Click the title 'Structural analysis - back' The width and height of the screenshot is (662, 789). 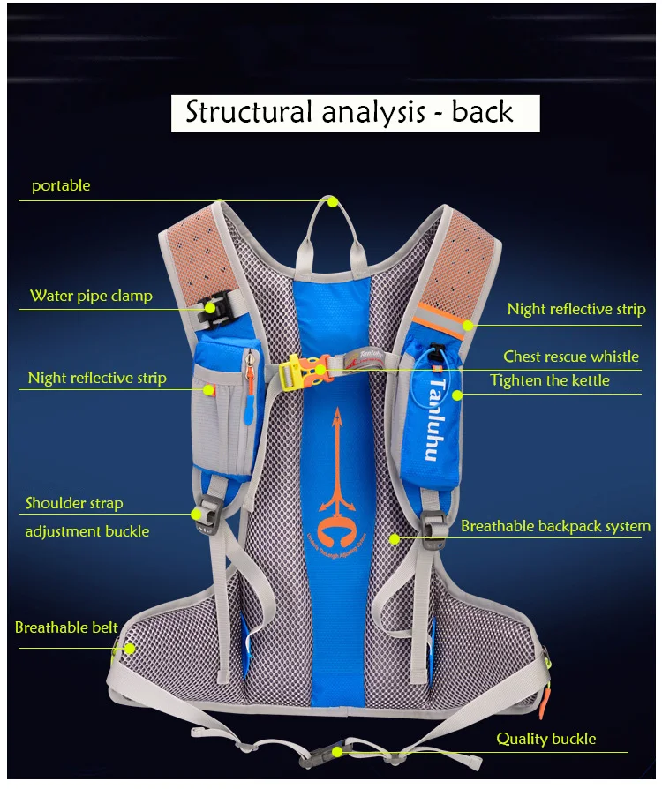click(350, 112)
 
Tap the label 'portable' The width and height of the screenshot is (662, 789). click(61, 186)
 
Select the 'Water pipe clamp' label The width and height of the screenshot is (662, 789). click(91, 296)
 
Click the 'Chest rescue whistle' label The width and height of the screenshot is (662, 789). click(571, 357)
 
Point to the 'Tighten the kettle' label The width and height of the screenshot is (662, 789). click(550, 380)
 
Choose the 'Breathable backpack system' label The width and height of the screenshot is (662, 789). click(555, 526)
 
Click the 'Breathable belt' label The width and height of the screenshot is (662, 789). click(66, 627)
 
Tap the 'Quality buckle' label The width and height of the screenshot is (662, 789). click(545, 739)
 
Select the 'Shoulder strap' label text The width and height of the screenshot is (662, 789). click(74, 503)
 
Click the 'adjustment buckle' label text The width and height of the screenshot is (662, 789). click(87, 531)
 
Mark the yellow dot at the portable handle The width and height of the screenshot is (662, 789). click(333, 201)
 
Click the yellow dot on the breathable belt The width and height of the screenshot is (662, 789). click(129, 649)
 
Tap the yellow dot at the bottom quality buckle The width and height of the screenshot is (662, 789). click(335, 752)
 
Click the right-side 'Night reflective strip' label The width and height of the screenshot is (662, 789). click(575, 309)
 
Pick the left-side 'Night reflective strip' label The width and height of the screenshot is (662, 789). click(97, 378)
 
